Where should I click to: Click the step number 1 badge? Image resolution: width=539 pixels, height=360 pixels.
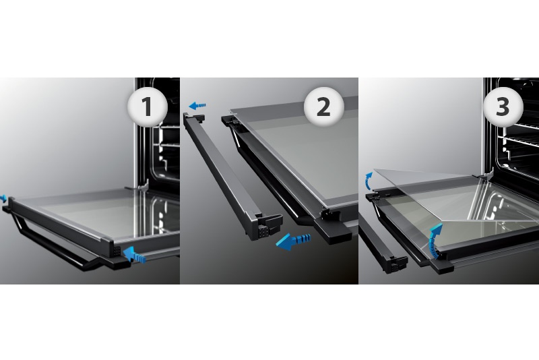tap(148, 107)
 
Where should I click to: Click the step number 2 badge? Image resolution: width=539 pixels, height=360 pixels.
tap(323, 107)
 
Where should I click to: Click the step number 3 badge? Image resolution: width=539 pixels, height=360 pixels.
tap(503, 107)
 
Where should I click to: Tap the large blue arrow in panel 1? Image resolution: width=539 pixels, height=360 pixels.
tap(134, 255)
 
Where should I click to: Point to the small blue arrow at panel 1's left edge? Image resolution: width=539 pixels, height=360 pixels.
tap(3, 198)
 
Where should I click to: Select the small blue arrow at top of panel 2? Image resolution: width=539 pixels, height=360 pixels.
tap(197, 105)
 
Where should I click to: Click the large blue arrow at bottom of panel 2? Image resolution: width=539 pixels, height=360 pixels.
tap(293, 241)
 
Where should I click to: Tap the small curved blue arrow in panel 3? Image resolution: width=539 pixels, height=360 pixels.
tap(368, 181)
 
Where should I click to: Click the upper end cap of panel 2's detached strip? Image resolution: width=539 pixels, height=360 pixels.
tap(194, 117)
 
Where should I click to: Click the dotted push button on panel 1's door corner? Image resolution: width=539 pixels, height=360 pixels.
tap(117, 251)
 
